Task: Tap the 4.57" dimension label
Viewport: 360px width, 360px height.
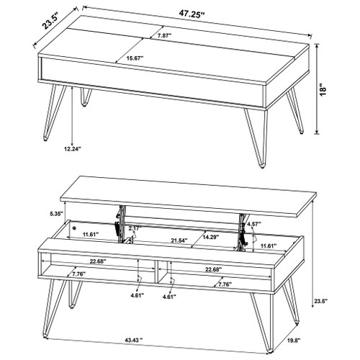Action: coord(253,224)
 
